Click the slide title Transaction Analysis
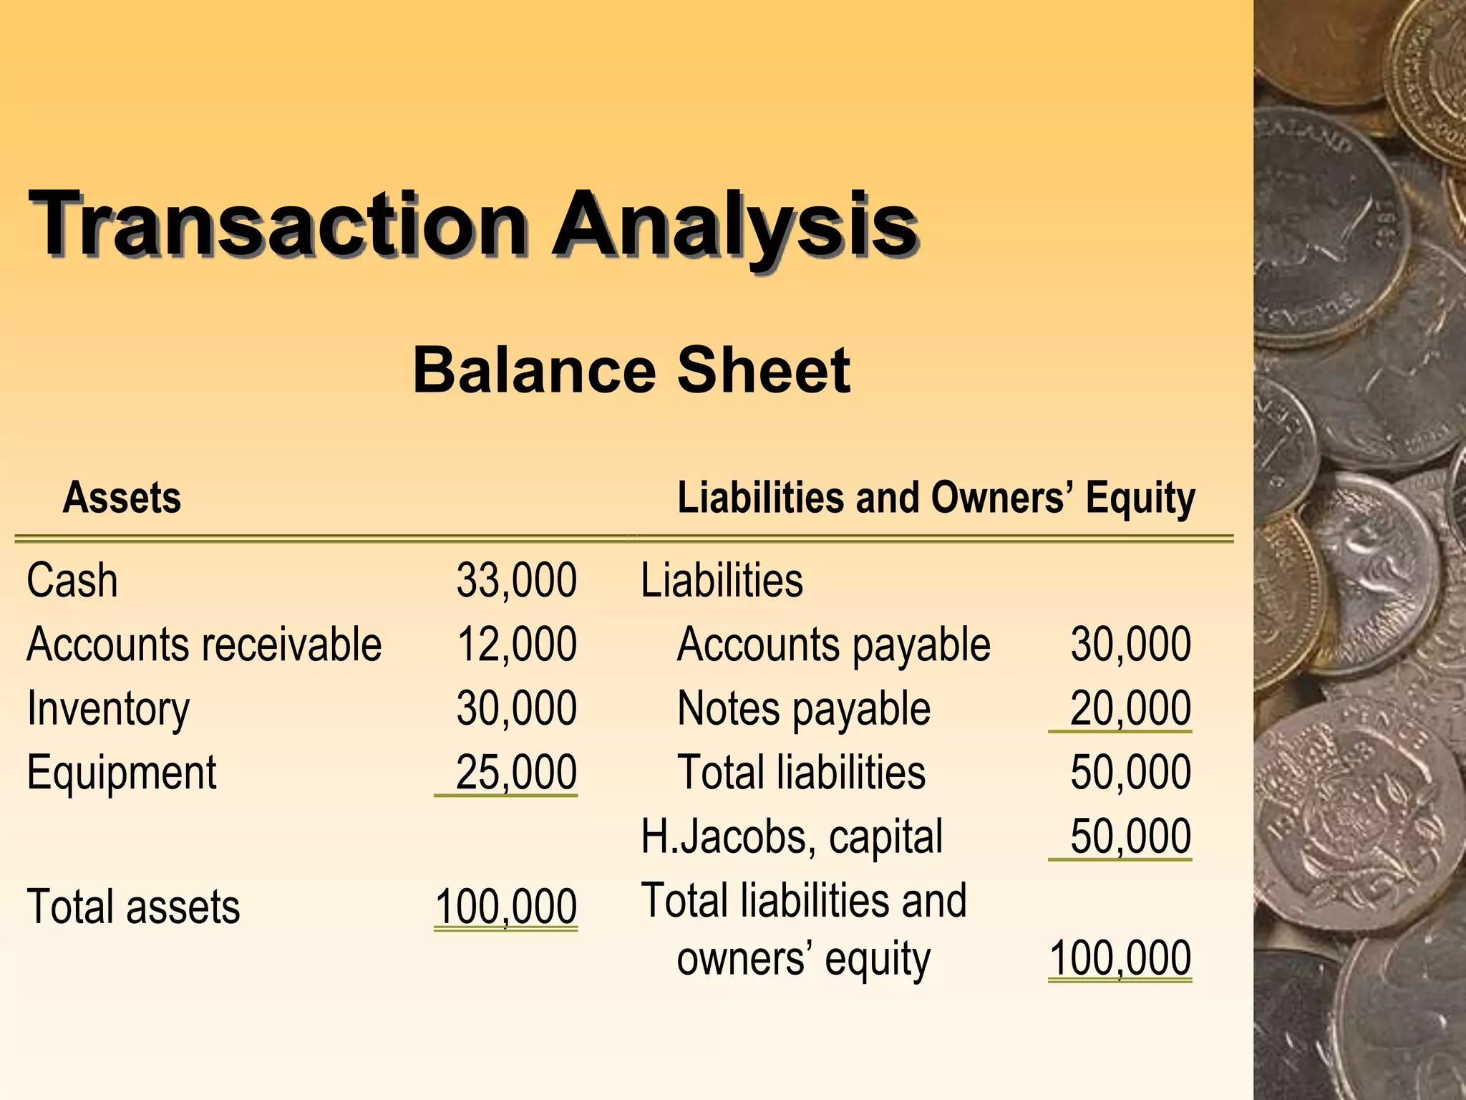472,223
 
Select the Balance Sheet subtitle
631,370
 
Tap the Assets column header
122,497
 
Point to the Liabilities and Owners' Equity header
936,497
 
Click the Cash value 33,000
516,580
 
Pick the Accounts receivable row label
204,645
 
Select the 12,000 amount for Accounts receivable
516,645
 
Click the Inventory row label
108,709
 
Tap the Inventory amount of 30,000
516,709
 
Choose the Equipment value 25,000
516,773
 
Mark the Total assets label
133,907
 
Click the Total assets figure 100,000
505,907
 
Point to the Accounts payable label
833,645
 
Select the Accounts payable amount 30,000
1130,645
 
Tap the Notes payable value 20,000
1130,709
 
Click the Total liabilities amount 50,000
1130,773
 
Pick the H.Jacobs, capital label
792,836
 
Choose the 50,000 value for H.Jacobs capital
1130,836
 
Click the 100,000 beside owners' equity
1120,958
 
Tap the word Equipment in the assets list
121,773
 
